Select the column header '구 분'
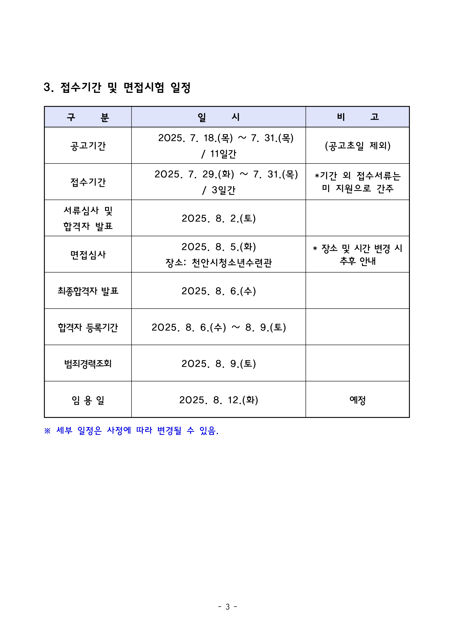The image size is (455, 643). click(x=88, y=117)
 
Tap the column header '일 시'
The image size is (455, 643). click(x=218, y=117)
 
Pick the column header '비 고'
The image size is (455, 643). click(x=358, y=117)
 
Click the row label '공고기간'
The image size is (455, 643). click(x=88, y=146)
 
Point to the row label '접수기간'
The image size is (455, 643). click(x=88, y=182)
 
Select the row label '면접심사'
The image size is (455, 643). click(x=88, y=254)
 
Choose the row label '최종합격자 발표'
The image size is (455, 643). click(x=88, y=291)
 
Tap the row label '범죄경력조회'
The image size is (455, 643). click(x=88, y=364)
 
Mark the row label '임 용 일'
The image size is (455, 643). click(x=88, y=400)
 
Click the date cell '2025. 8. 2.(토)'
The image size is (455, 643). click(x=219, y=218)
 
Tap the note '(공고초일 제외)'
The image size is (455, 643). click(x=358, y=146)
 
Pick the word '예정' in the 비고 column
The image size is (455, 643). click(x=358, y=400)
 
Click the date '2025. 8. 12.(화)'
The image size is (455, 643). click(x=219, y=400)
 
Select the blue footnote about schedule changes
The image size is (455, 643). click(x=131, y=431)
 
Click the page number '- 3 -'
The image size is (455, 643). click(x=227, y=606)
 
